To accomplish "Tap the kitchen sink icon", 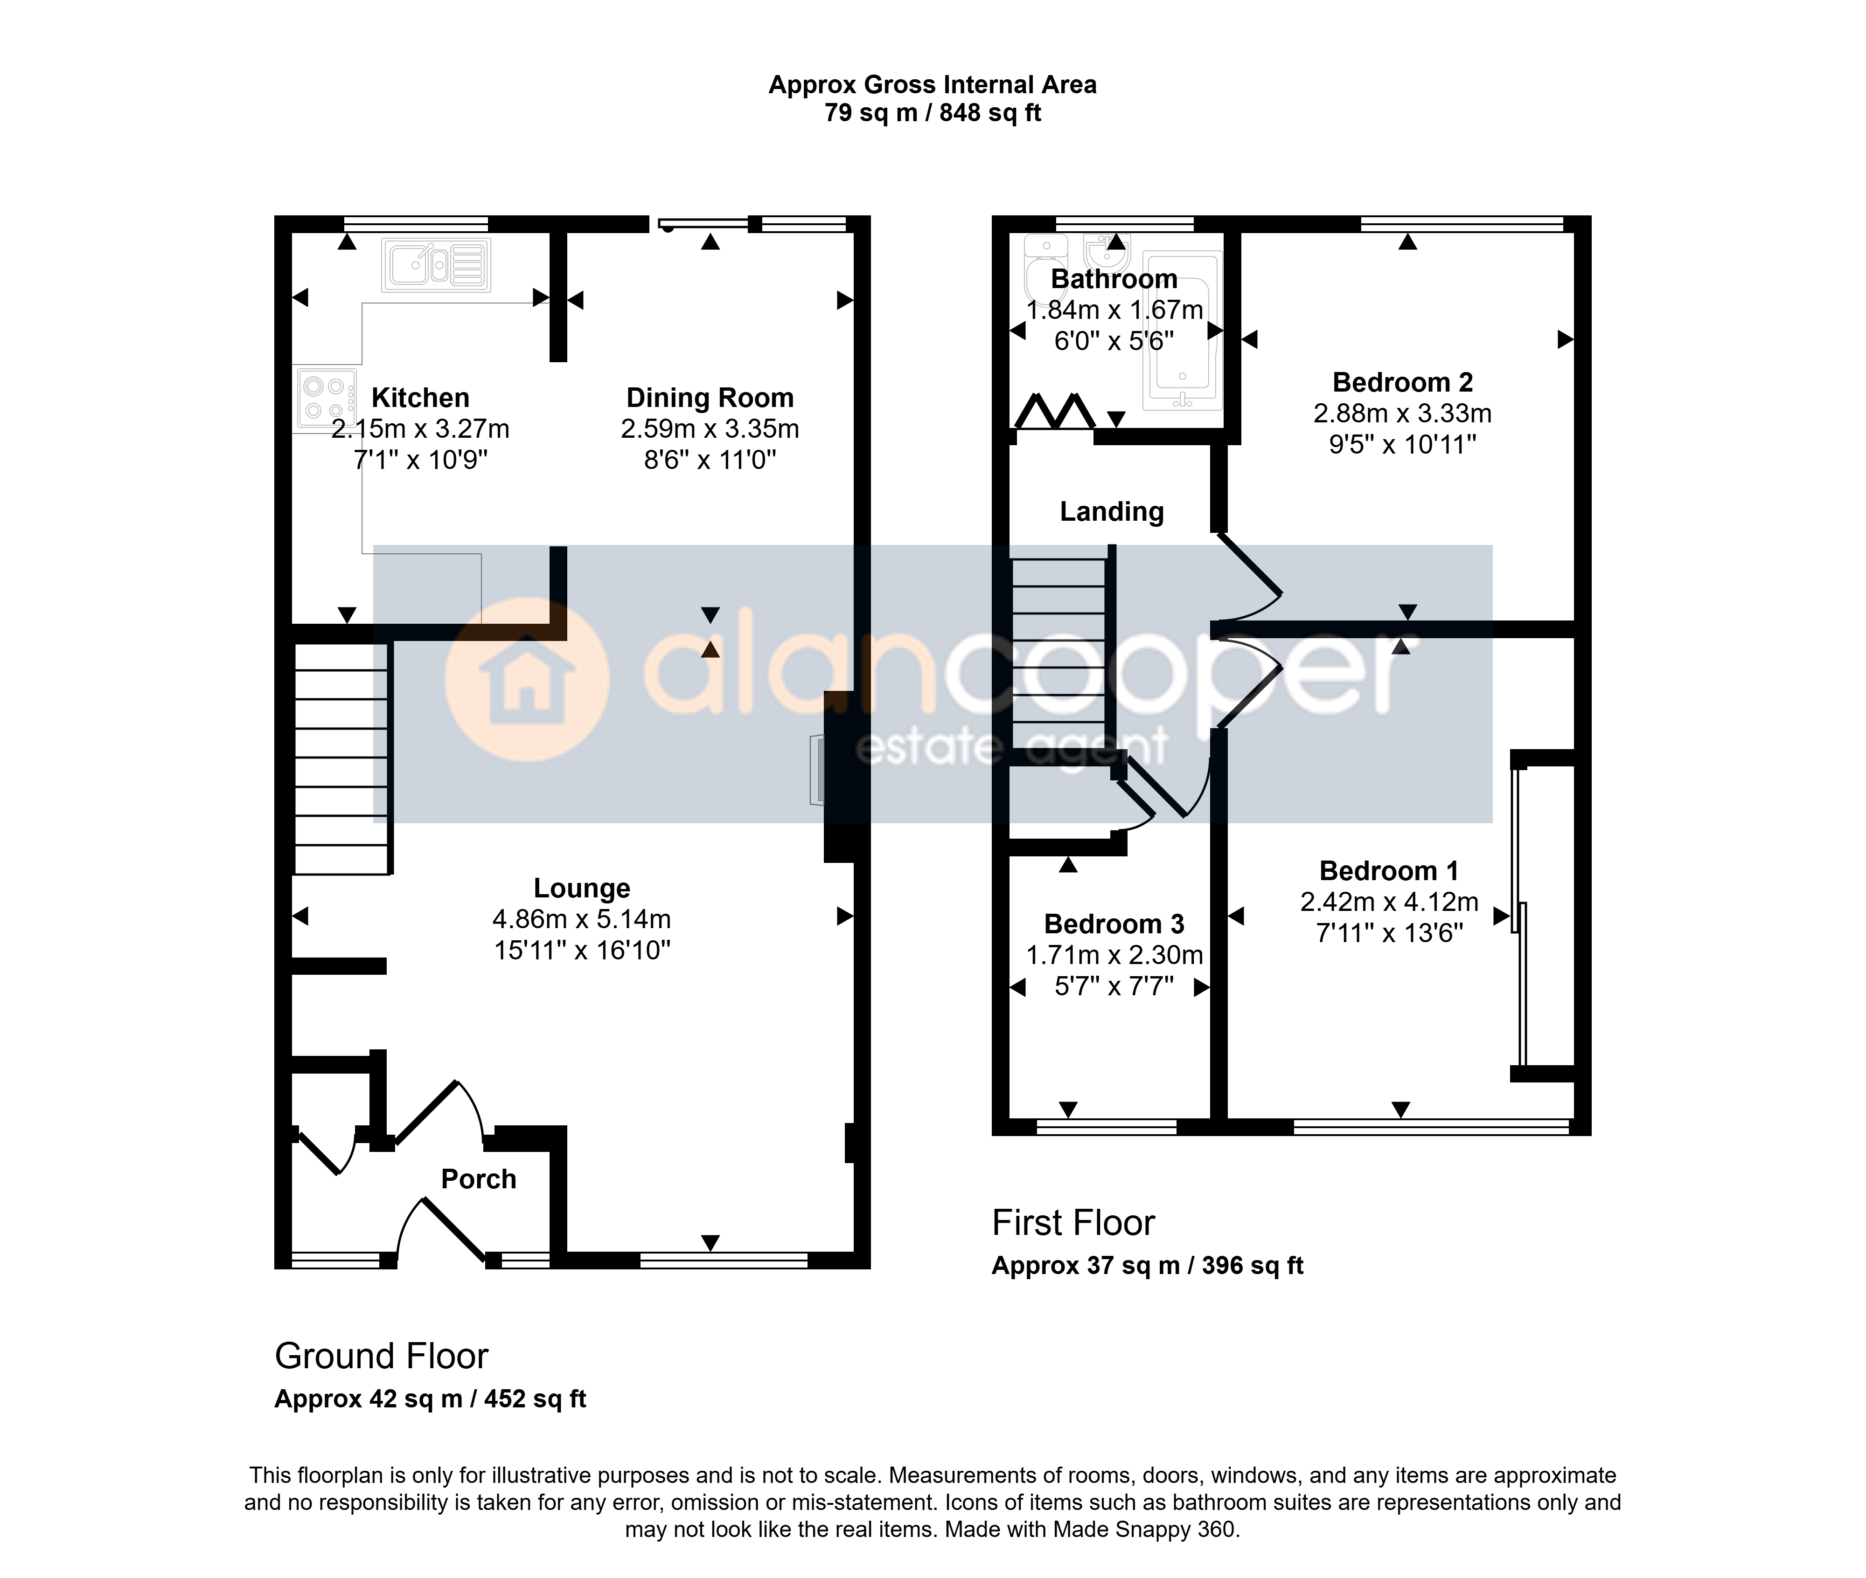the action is point(436,265).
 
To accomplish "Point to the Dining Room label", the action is point(710,397).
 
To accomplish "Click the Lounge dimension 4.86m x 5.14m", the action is point(582,919).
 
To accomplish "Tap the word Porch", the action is point(479,1179).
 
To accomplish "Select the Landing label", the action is point(1112,512).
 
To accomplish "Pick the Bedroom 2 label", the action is point(1402,382).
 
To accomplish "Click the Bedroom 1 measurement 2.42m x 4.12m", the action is point(1389,902).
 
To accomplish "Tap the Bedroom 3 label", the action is point(1114,923).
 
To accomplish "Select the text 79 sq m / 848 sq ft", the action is point(933,113).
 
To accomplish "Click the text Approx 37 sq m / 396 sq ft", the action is point(1147,1266).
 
